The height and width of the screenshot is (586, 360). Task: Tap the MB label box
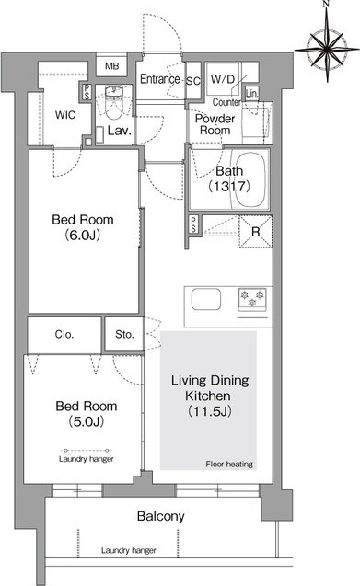click(112, 66)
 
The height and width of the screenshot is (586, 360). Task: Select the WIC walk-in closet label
click(65, 115)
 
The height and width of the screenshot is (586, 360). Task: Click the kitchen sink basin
click(206, 300)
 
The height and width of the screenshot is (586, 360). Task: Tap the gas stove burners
click(252, 299)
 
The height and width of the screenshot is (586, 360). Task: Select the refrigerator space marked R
click(256, 232)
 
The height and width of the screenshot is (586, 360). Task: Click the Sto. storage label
click(124, 334)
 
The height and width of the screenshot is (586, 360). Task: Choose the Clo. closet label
click(64, 334)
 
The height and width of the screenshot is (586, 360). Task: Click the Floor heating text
click(229, 465)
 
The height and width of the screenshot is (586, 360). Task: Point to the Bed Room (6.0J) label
click(83, 227)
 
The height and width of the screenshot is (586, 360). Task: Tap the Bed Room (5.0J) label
click(87, 413)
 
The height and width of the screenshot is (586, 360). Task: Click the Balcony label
click(161, 516)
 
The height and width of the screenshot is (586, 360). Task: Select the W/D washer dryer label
click(222, 79)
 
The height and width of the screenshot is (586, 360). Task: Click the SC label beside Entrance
click(193, 81)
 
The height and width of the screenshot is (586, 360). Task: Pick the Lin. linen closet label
click(252, 93)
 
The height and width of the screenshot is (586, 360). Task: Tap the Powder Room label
click(215, 124)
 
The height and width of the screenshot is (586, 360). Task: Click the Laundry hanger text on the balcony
click(128, 550)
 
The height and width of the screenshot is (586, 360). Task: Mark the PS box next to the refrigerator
click(193, 224)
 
